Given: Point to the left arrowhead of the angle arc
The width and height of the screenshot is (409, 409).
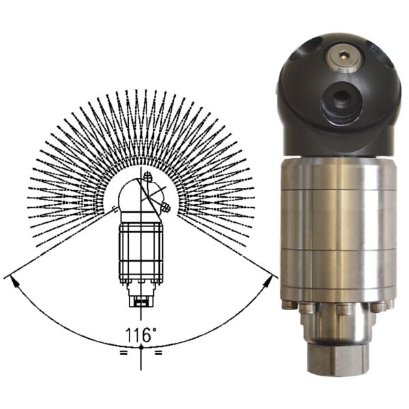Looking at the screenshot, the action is [15, 282].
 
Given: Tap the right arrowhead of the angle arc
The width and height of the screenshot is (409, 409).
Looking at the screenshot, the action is [268, 282].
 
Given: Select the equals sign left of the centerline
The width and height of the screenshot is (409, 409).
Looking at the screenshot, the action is [123, 353].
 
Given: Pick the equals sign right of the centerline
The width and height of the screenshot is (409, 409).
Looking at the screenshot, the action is [159, 353].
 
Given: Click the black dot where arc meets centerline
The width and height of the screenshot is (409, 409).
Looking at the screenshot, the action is [141, 348].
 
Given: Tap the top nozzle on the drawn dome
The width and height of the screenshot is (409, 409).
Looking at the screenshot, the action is [148, 176].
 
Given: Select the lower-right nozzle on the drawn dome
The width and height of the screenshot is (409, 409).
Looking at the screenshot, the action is [165, 207].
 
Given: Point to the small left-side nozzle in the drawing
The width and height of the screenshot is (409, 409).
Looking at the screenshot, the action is [115, 209].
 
